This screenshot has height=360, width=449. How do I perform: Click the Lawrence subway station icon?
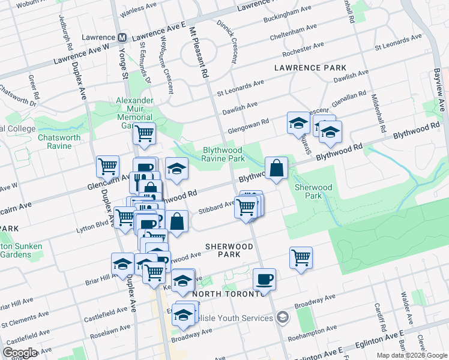coord(122,37)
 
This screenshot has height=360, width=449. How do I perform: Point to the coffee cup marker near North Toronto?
coord(264,278)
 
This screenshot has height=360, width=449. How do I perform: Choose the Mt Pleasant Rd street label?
coord(197,53)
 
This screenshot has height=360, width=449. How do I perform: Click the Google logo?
coord(20,352)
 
